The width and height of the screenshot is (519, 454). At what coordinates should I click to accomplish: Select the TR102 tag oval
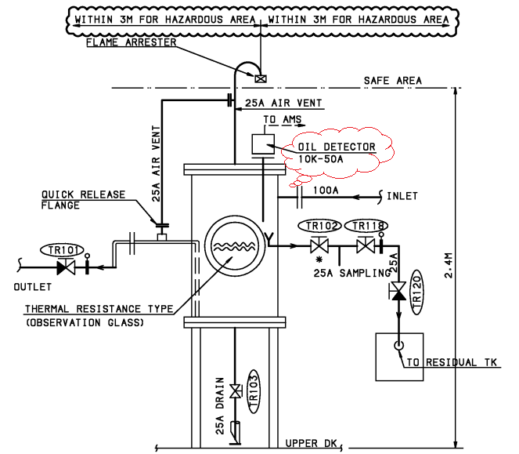tap(322, 227)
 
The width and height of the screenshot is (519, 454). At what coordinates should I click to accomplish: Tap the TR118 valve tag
tap(368, 227)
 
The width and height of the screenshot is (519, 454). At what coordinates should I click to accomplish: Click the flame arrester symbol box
tap(259, 77)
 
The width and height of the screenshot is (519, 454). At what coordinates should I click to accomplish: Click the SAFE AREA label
tap(392, 82)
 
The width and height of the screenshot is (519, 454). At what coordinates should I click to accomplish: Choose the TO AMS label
tap(280, 119)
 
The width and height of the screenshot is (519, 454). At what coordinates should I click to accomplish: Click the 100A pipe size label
tap(325, 190)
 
